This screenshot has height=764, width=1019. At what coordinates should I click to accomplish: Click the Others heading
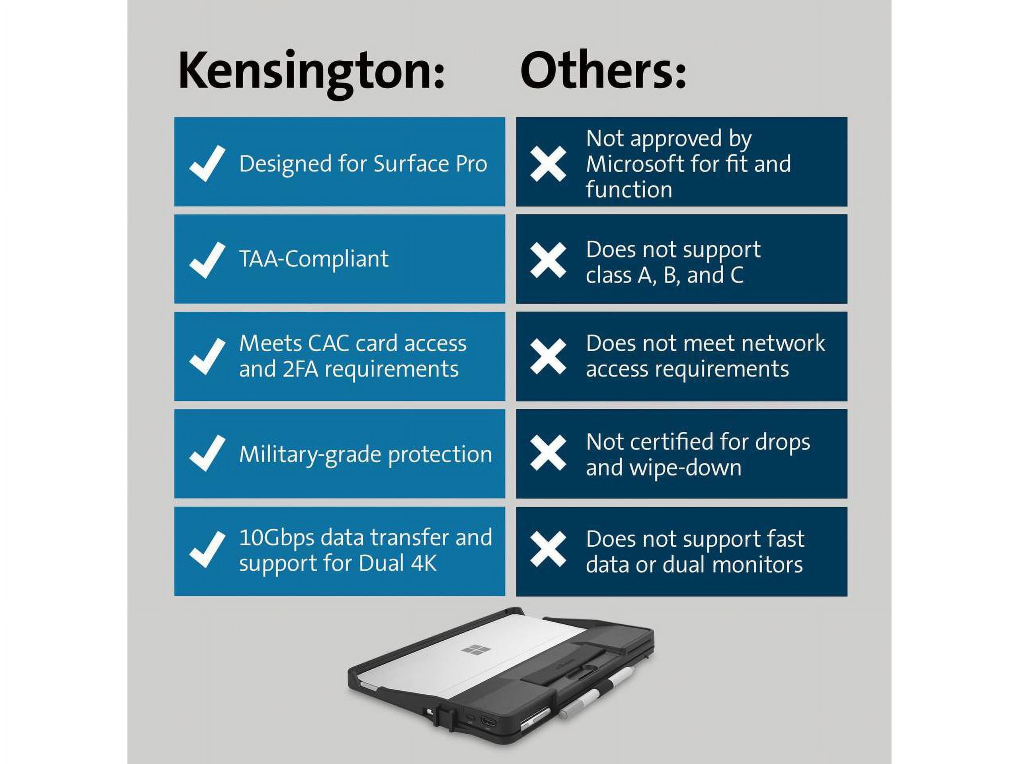tap(603, 70)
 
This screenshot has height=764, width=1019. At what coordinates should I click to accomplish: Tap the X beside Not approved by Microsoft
tap(548, 164)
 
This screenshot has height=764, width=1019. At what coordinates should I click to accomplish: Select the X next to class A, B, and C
tap(548, 261)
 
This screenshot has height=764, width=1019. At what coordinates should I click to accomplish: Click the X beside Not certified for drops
tap(548, 453)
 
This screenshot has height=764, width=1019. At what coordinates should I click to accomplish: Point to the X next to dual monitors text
tap(548, 549)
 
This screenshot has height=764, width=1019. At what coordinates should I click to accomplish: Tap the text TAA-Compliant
tap(314, 259)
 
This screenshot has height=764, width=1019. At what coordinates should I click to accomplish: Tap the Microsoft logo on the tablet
tap(476, 650)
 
